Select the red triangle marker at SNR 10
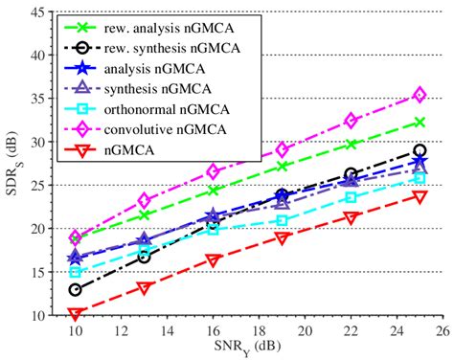pyautogui.click(x=76, y=313)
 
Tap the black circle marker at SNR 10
pyautogui.click(x=76, y=289)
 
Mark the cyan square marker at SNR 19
pyautogui.click(x=283, y=220)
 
